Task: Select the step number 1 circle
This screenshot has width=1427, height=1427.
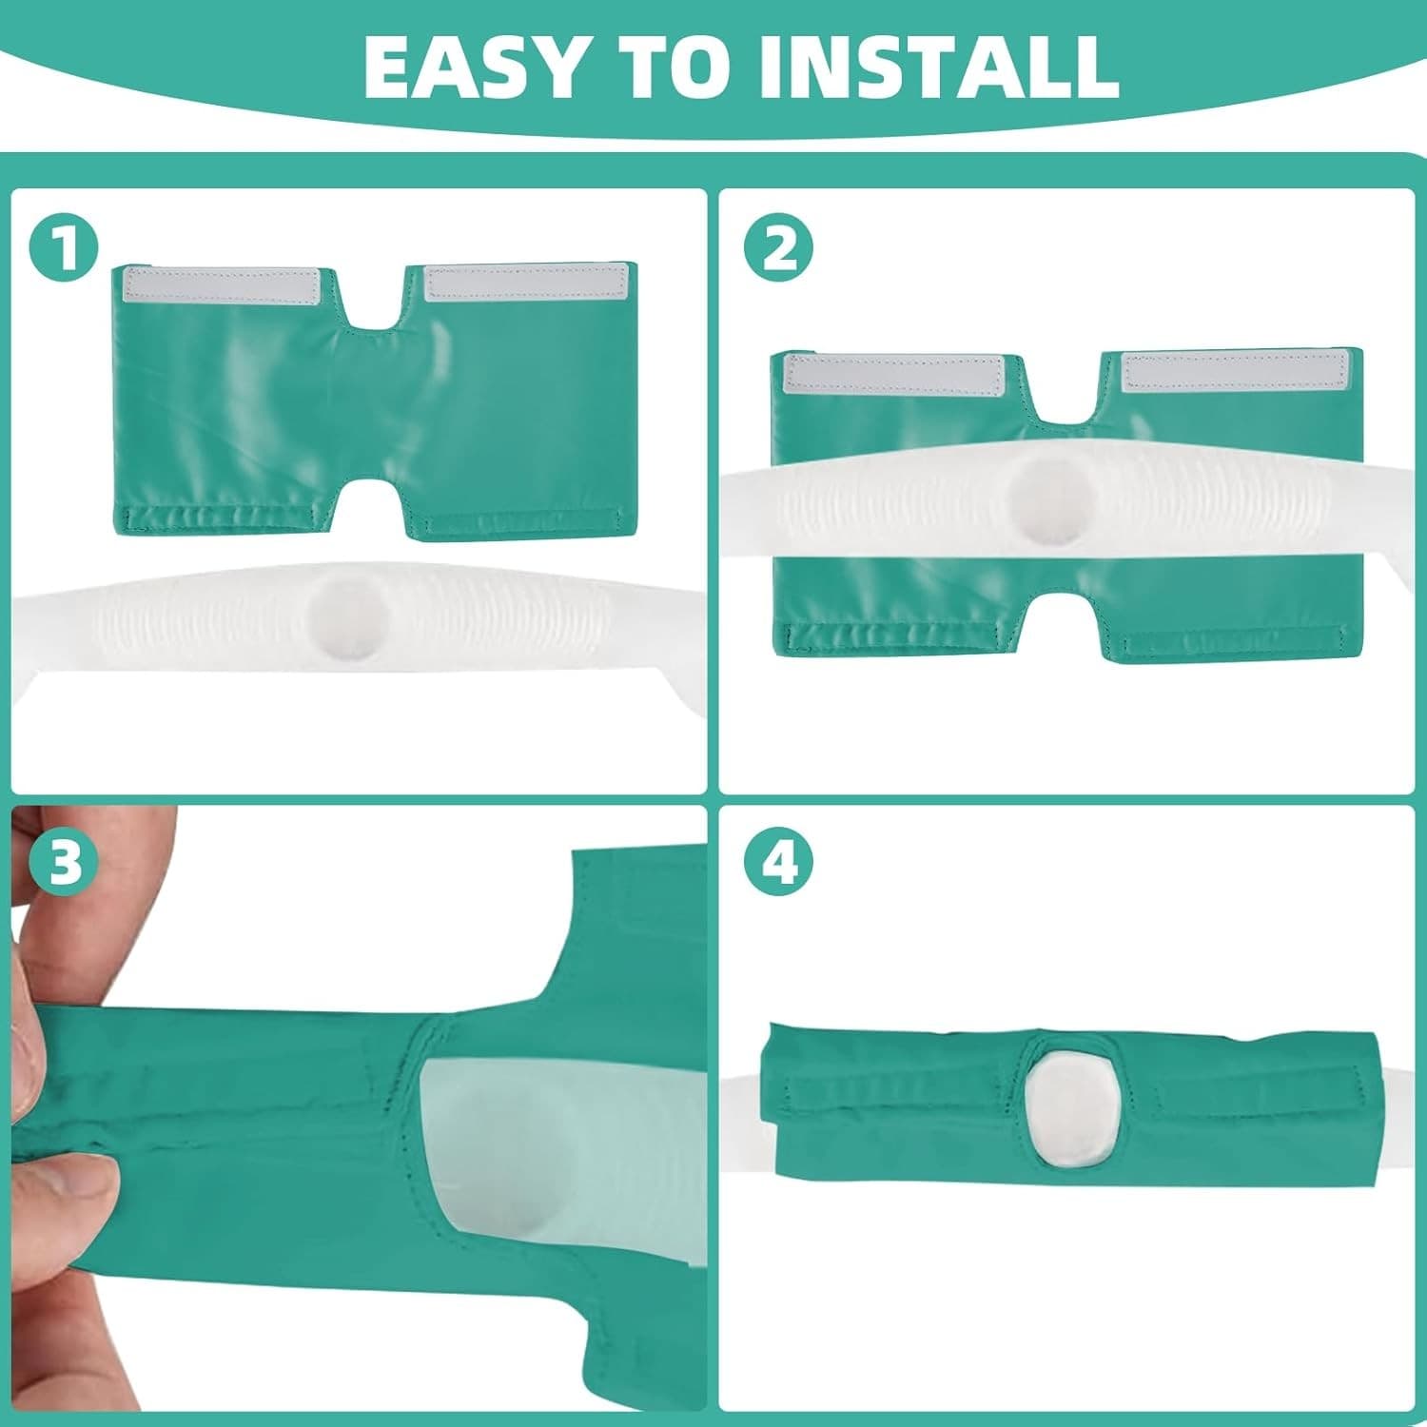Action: coord(64,249)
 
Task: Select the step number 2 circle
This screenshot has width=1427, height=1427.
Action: coord(780,249)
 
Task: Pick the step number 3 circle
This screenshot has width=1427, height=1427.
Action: coord(64,864)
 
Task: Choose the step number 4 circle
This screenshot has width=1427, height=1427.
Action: coord(780,864)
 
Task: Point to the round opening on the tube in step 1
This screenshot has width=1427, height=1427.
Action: coord(350,620)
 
